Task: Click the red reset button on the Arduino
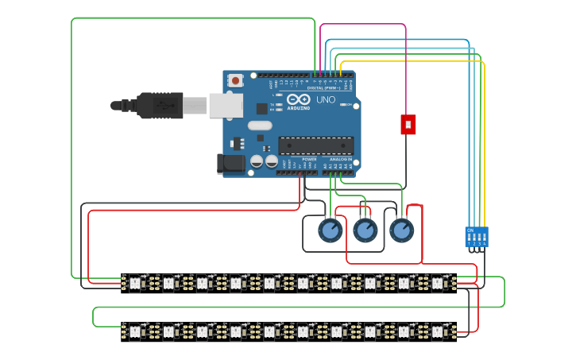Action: point(235,80)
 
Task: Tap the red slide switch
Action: point(408,124)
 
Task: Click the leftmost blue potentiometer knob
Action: point(330,230)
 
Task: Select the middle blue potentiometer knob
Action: point(365,230)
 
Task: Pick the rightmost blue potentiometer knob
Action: point(401,230)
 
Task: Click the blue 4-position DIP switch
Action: point(477,237)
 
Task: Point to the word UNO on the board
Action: point(326,100)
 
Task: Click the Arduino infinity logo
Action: point(298,100)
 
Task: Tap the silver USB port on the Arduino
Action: point(226,105)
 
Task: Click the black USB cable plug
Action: point(159,105)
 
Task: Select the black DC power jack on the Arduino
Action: point(230,164)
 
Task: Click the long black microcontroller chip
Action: point(315,145)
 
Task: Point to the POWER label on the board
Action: point(309,160)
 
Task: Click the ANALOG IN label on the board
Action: point(342,160)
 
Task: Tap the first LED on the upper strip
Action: point(134,282)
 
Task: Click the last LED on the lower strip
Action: point(436,330)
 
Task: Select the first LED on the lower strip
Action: point(134,330)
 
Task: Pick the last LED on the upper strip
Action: point(436,282)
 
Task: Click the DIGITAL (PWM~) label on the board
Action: point(331,88)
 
